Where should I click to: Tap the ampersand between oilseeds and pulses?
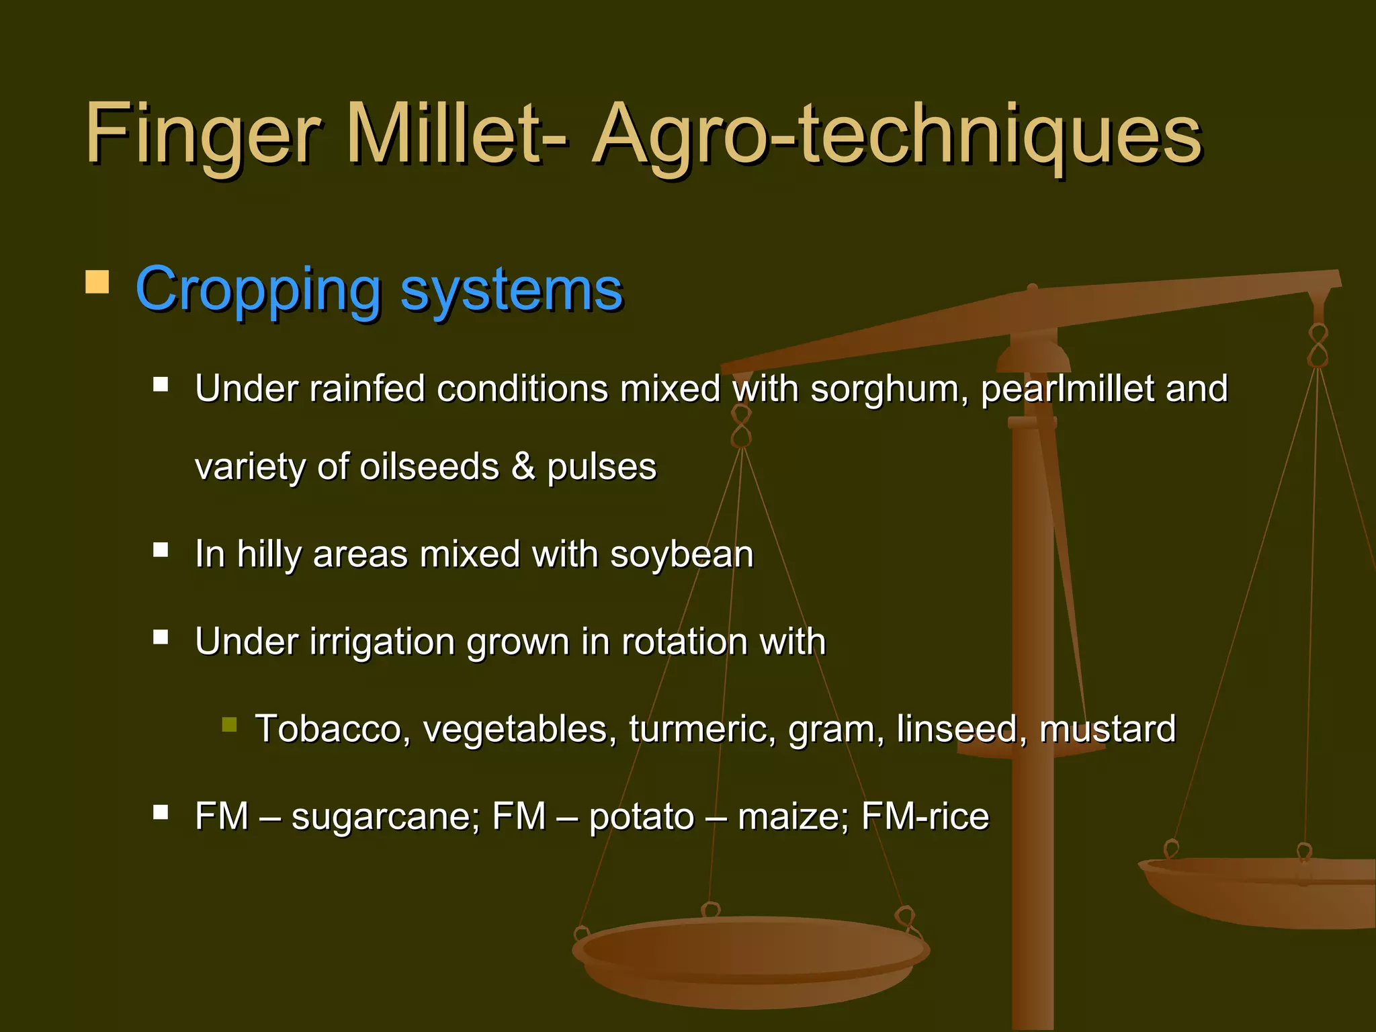pos(523,467)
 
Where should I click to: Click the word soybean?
pos(681,555)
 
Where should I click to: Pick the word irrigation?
pos(382,642)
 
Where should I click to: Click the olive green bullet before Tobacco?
pos(229,724)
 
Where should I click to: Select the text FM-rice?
pos(924,816)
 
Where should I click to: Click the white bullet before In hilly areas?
pos(161,550)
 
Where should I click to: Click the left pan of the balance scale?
pos(750,961)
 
